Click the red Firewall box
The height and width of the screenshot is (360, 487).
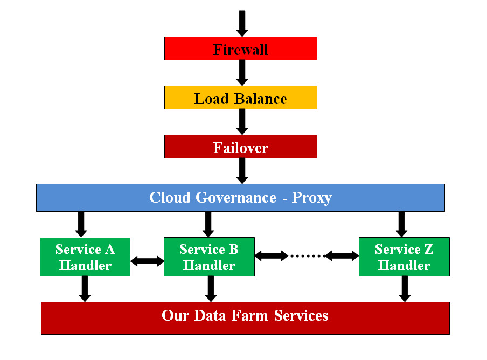tap(240, 49)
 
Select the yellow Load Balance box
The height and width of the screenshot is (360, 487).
tap(240, 98)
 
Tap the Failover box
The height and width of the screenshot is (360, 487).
tap(240, 147)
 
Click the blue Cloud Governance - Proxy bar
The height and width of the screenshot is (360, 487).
tap(240, 197)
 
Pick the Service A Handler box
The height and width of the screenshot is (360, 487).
tap(85, 257)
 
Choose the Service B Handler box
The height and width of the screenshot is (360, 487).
tap(209, 257)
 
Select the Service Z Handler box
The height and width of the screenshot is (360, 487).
tap(404, 257)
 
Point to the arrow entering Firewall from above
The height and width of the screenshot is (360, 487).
tap(242, 23)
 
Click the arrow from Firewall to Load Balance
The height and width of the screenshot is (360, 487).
tap(242, 73)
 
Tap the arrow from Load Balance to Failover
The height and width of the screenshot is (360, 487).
tap(242, 122)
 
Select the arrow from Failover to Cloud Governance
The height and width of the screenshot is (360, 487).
tap(242, 171)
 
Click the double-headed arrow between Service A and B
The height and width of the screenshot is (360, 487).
tap(147, 261)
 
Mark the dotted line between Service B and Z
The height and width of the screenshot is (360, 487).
tap(307, 256)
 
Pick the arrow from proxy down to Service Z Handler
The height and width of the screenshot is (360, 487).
tap(401, 224)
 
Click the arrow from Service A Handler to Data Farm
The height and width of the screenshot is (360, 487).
tap(84, 289)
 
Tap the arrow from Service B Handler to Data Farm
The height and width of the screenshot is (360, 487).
tap(211, 289)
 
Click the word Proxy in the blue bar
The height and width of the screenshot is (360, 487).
tap(311, 198)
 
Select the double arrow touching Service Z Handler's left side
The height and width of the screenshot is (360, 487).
tap(342, 256)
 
